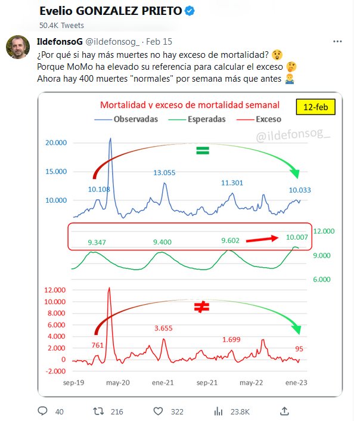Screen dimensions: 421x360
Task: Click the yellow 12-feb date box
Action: (x=316, y=107)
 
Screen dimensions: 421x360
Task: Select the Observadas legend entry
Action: (x=128, y=119)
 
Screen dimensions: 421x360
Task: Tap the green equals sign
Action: (x=203, y=151)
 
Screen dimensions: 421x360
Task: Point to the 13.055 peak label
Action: (x=165, y=173)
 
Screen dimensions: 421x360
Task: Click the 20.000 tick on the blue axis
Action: (x=57, y=143)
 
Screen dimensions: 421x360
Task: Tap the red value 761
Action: (x=98, y=345)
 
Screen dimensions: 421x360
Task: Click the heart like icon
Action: (x=158, y=411)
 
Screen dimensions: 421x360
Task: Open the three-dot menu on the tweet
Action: (x=337, y=42)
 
